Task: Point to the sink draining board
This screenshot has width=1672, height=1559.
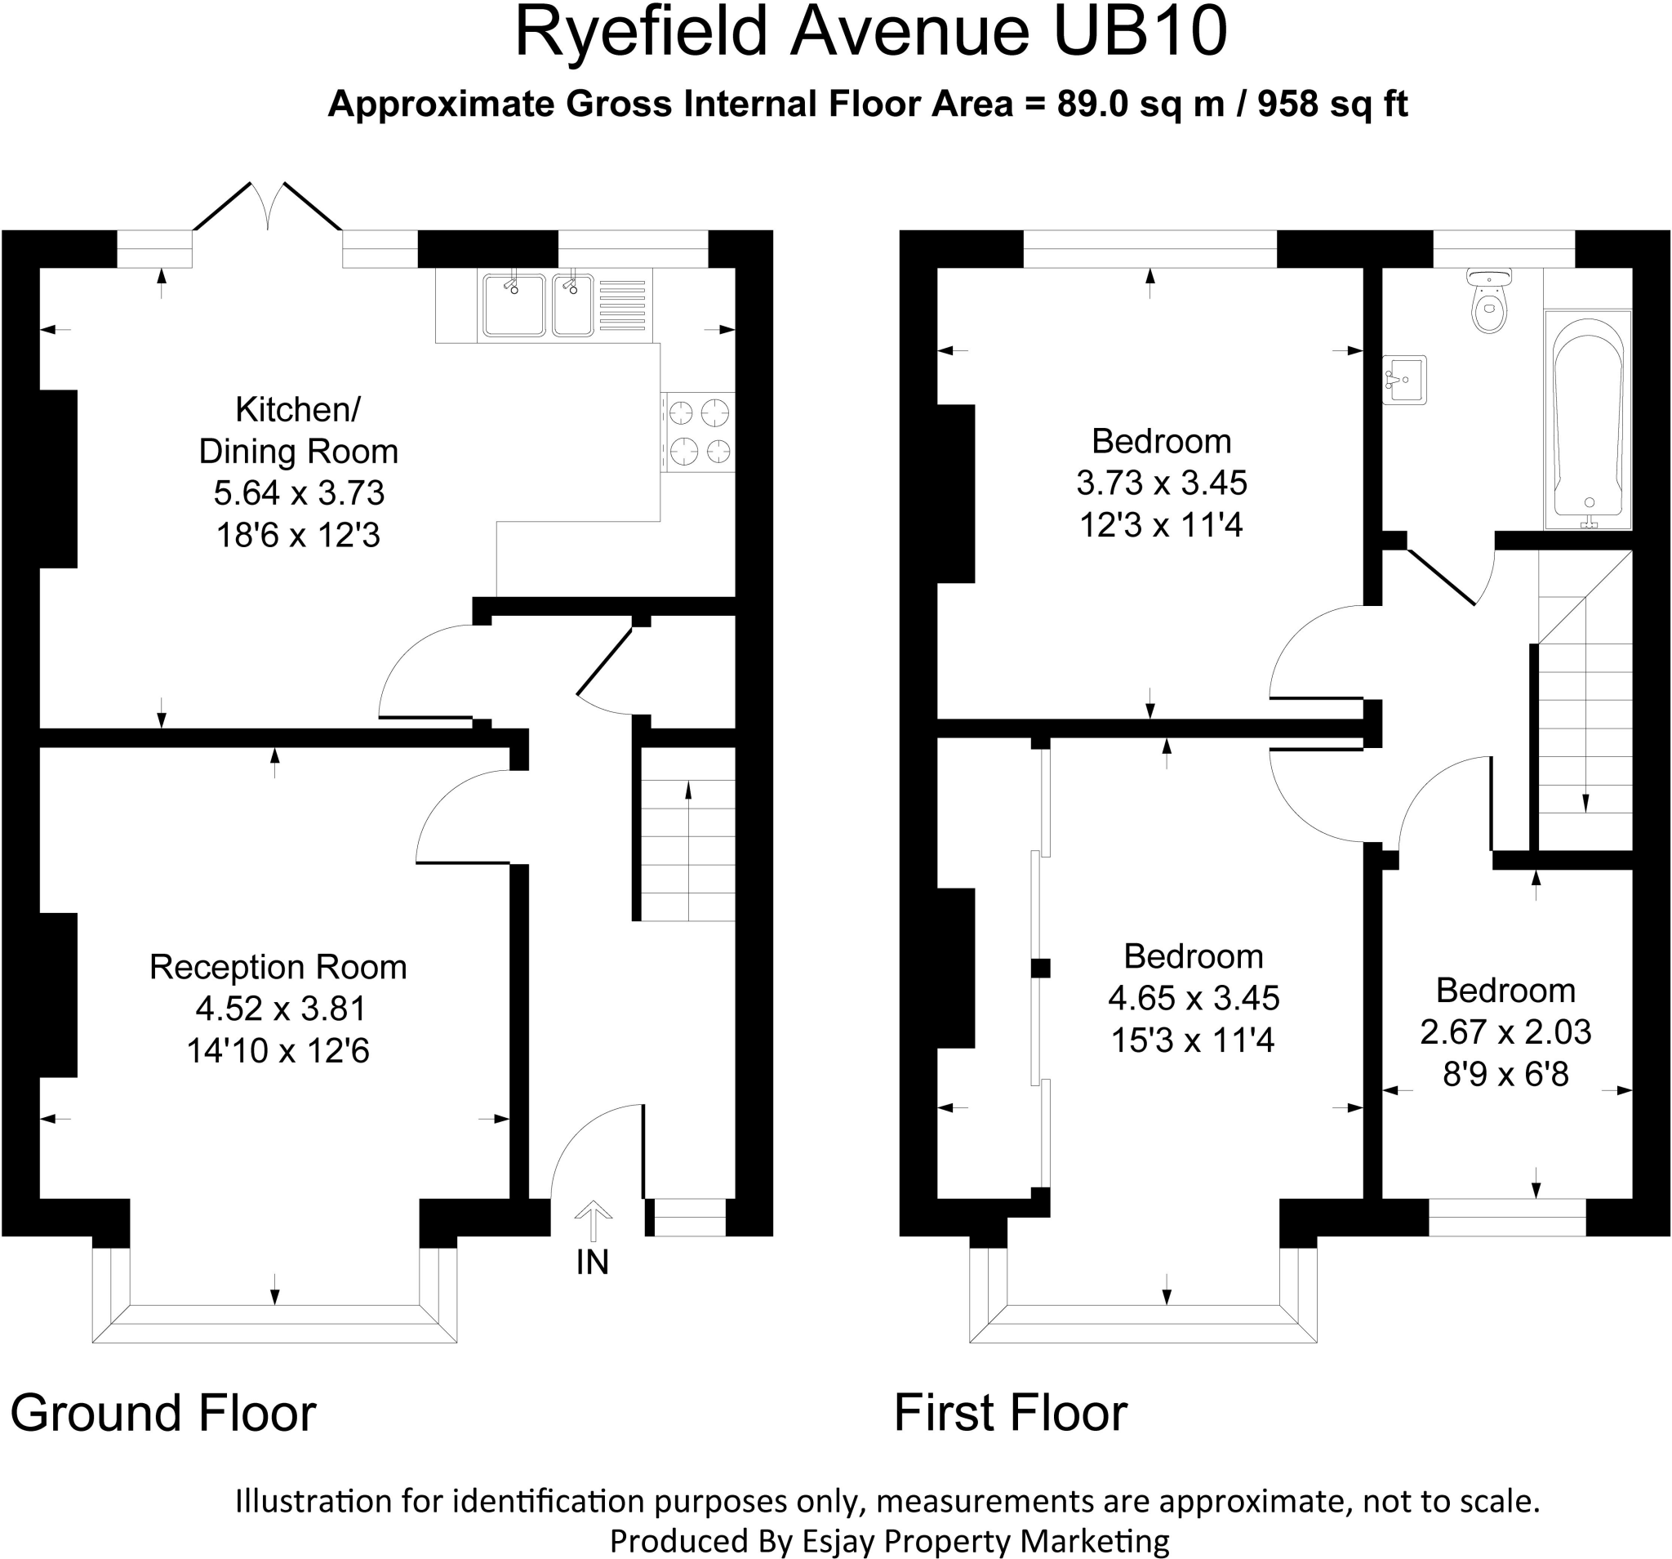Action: tap(623, 304)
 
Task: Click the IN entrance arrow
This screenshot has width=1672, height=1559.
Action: tap(593, 1220)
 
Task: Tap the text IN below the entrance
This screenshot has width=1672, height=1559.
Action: tap(592, 1263)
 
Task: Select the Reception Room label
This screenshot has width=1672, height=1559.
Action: tap(278, 968)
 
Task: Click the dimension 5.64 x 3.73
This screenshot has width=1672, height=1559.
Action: tap(299, 493)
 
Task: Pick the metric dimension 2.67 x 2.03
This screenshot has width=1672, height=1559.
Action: tap(1505, 1032)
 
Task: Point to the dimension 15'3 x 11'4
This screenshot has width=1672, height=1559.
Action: tap(1193, 1040)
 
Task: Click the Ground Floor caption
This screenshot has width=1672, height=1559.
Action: tap(163, 1414)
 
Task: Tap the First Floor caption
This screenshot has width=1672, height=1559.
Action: tap(1010, 1414)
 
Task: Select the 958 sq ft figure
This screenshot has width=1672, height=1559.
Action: tap(1332, 105)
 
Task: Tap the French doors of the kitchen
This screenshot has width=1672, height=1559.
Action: tap(268, 207)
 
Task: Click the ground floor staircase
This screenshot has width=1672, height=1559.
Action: tap(688, 850)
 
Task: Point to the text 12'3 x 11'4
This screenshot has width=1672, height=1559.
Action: tap(1161, 526)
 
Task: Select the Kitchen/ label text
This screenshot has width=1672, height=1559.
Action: tap(298, 410)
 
